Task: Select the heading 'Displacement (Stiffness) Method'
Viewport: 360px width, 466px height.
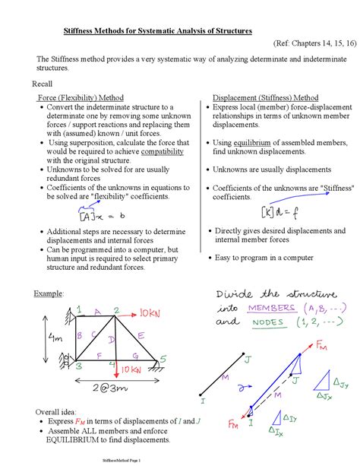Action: (266, 98)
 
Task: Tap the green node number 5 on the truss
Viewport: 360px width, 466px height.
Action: (162, 358)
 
